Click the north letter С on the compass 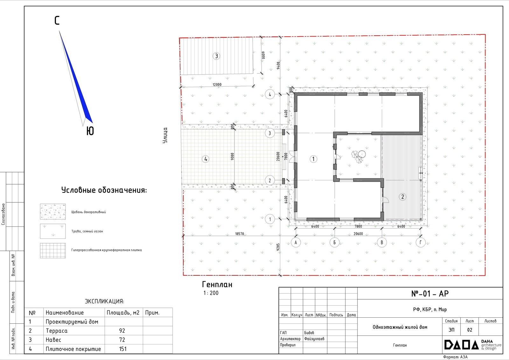point(57,20)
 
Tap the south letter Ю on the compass point(90,131)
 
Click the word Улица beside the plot point(165,135)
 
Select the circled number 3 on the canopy point(216,56)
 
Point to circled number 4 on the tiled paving point(206,159)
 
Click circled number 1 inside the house point(314,159)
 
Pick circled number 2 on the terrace point(403,197)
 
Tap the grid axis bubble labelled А point(296,243)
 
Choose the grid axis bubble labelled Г point(421,243)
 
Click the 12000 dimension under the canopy point(217,85)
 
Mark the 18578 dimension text point(240,234)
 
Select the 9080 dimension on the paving point(232,156)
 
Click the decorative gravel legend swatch point(53,211)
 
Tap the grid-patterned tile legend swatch point(53,251)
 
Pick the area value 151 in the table point(123,349)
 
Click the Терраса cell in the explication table point(57,331)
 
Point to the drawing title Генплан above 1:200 point(217,285)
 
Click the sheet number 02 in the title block point(470,330)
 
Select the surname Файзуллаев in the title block point(314,339)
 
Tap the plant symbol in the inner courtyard point(359,156)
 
